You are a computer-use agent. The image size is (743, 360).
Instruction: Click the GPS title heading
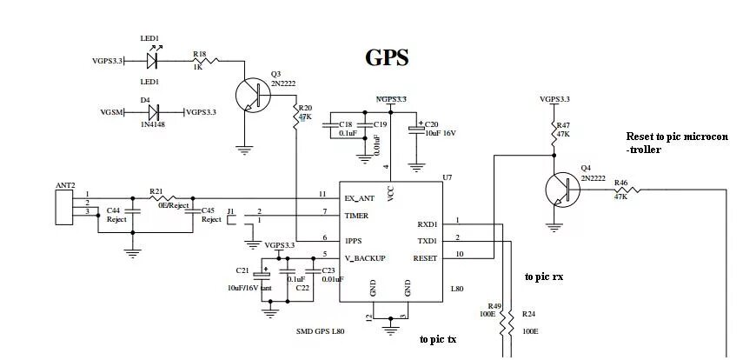387,58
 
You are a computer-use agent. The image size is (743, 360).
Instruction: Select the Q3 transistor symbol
255,95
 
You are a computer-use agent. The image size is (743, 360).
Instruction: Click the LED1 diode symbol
154,60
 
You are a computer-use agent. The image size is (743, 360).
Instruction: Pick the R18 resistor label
200,53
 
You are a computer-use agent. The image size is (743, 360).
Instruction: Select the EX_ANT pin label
360,197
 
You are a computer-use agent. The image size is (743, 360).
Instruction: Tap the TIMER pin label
356,216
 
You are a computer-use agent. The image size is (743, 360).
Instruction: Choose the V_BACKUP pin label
364,257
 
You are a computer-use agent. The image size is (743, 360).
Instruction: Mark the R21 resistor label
156,190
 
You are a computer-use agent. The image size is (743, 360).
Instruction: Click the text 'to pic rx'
543,277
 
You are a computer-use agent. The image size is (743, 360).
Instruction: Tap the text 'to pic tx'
438,339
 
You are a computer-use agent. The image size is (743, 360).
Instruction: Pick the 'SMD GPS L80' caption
320,331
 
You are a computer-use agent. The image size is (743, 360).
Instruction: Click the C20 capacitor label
432,124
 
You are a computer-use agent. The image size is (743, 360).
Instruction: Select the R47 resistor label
563,126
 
